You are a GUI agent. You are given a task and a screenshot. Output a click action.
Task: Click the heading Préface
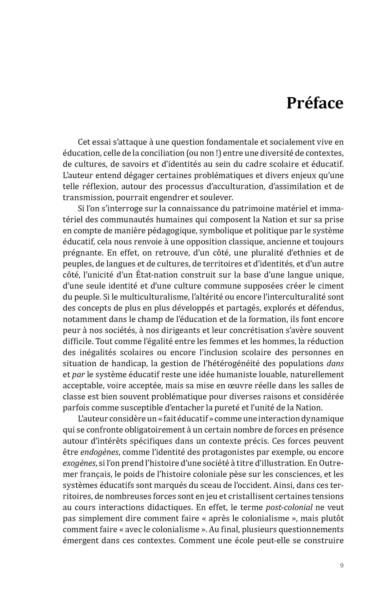315,103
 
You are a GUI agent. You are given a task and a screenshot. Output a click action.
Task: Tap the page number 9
342,565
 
